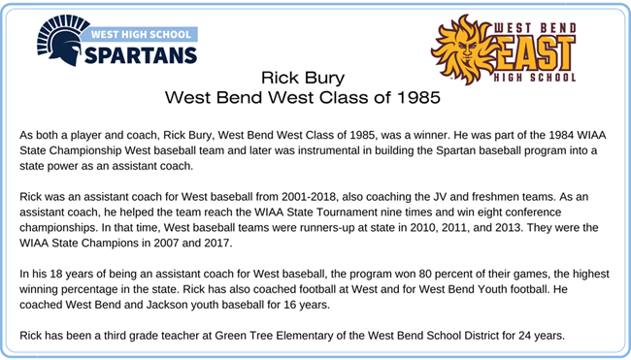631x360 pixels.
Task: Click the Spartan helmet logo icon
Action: (x=58, y=42)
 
